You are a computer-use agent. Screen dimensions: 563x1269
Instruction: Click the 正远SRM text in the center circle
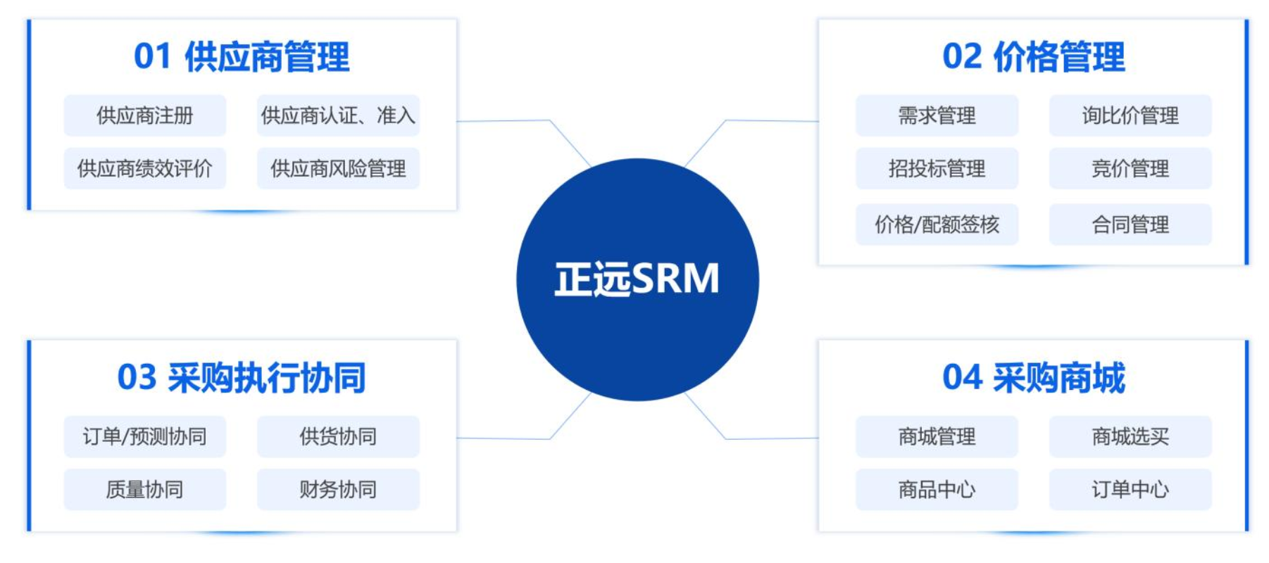[x=637, y=279]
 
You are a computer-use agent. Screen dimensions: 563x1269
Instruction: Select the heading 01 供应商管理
[x=242, y=57]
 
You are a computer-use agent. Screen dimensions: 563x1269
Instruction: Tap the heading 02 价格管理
[x=1033, y=57]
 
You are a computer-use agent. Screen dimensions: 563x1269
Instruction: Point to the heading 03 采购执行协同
[x=242, y=378]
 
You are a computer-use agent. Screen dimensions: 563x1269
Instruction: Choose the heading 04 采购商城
[x=1033, y=378]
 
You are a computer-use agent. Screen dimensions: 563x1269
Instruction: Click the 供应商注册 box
[x=145, y=115]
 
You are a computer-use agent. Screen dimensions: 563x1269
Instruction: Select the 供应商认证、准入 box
[x=338, y=115]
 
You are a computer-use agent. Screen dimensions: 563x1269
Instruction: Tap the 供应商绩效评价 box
[x=145, y=168]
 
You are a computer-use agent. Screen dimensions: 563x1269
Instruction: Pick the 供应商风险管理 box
[x=338, y=168]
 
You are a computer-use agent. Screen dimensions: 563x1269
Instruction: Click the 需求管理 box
[x=937, y=115]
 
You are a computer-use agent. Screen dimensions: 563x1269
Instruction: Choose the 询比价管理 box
[x=1130, y=115]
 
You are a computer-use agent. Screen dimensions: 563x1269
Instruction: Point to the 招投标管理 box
[x=937, y=168]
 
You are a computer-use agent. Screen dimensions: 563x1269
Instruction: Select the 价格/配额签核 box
[x=937, y=224]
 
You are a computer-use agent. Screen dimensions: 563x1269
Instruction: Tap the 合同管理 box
[x=1130, y=224]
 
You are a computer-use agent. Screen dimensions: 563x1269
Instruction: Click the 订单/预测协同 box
[x=145, y=436]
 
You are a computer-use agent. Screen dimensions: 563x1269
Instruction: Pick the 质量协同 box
[x=145, y=489]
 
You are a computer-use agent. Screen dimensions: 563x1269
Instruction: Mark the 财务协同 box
[x=338, y=489]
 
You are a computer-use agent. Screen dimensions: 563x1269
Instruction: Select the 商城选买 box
[x=1130, y=436]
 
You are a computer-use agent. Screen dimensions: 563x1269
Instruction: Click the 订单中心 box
[x=1130, y=489]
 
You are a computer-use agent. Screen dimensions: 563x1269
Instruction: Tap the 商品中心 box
[x=937, y=489]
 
